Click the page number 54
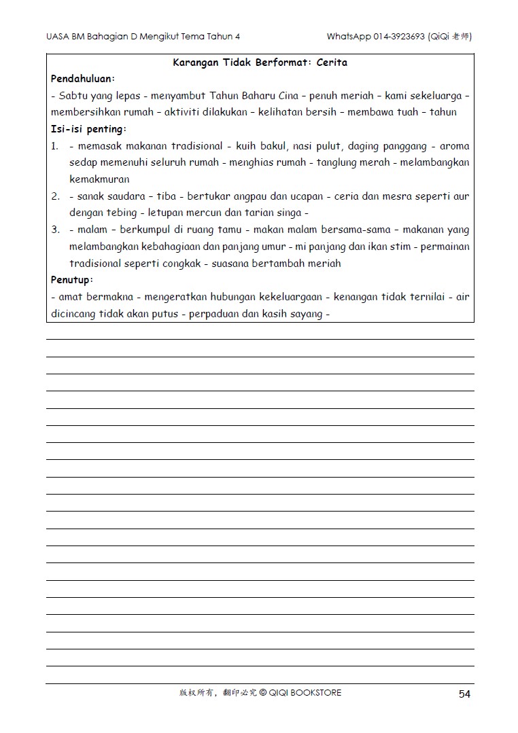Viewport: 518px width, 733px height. (464, 694)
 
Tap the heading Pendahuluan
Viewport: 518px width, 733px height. (82, 79)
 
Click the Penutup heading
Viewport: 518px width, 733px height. (72, 280)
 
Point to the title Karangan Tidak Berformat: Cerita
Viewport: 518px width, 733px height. (260, 62)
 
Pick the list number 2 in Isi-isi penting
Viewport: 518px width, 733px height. (55, 196)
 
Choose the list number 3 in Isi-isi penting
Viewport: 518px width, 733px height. (55, 230)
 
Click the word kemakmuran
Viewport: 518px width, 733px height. (99, 179)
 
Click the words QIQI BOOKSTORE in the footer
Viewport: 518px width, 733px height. (305, 693)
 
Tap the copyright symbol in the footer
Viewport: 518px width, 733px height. (262, 693)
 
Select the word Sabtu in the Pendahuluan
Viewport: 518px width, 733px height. (73, 96)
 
